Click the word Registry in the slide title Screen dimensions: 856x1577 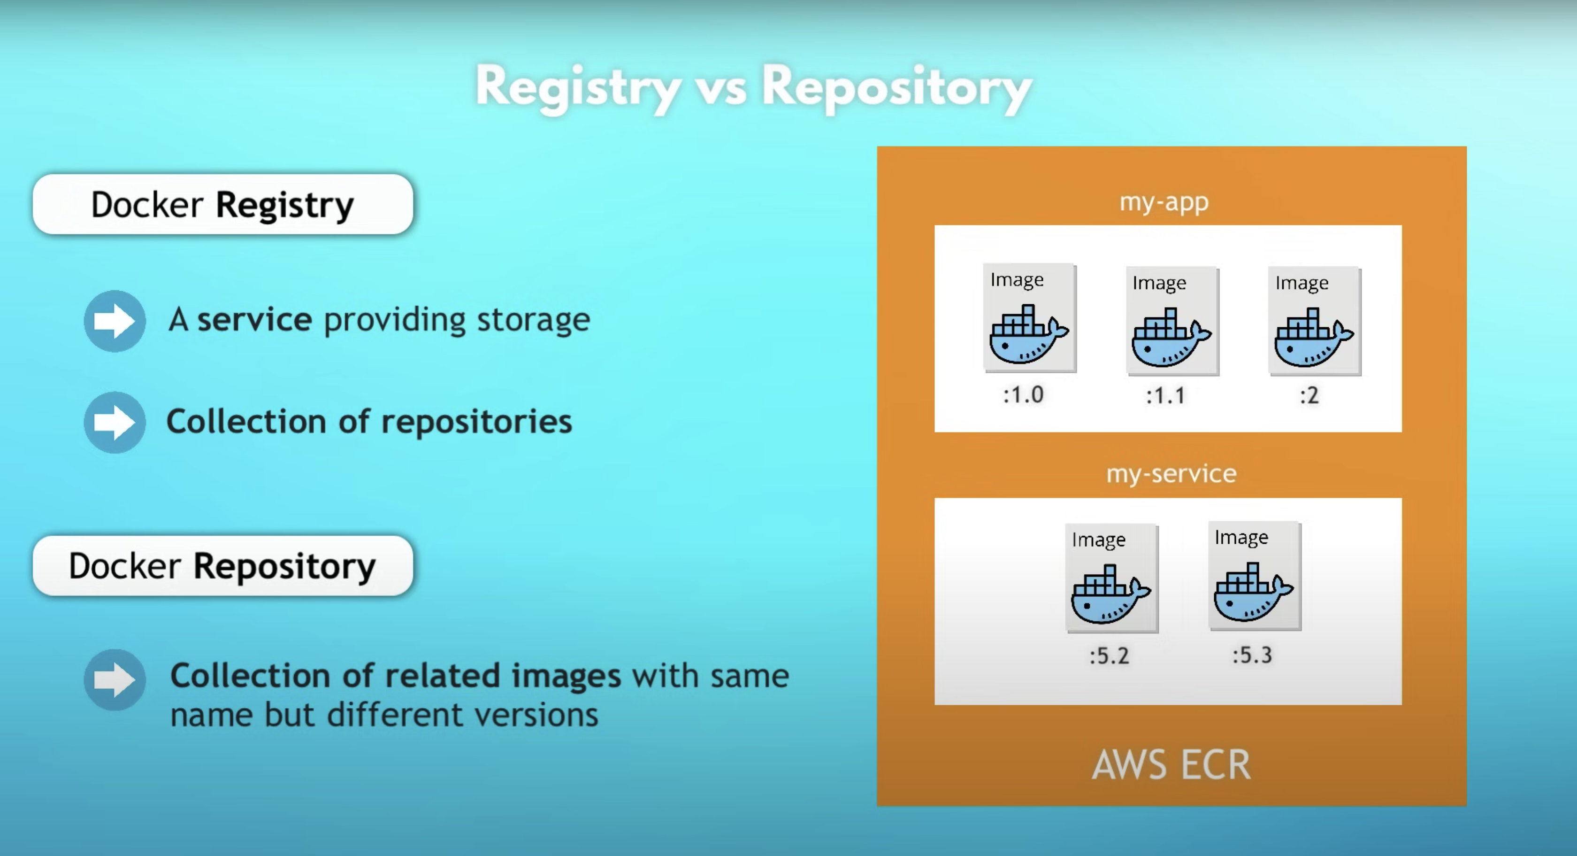click(578, 87)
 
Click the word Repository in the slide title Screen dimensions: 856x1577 click(896, 87)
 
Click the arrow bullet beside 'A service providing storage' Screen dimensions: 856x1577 click(115, 321)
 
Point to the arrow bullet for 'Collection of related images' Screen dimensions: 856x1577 click(115, 679)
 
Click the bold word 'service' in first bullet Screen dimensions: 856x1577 click(254, 320)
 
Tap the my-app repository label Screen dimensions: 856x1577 click(1164, 202)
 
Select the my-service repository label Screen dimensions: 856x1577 click(1171, 474)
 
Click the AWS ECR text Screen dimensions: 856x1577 click(1171, 765)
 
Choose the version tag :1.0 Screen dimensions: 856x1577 click(1023, 395)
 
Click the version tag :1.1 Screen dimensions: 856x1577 click(1165, 395)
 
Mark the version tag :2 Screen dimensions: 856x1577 click(1309, 395)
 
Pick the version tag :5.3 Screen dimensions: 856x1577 click(1252, 655)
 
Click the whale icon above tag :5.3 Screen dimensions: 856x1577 click(1253, 594)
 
